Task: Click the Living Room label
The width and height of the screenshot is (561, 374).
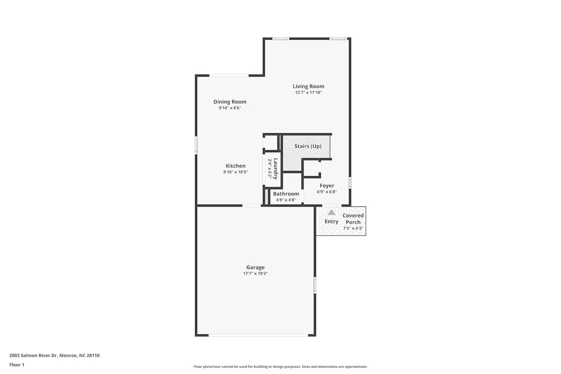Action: coord(308,86)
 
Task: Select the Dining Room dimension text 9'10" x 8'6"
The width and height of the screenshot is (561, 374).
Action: coord(230,108)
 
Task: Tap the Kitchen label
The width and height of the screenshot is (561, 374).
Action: coord(236,166)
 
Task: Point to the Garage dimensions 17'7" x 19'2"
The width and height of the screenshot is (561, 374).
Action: coord(255,274)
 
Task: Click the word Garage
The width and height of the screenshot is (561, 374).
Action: coord(255,267)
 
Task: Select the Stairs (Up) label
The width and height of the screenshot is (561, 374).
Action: coord(307,146)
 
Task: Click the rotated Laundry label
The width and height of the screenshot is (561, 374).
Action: coord(276,169)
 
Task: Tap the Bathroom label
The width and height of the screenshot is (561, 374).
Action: coord(286,194)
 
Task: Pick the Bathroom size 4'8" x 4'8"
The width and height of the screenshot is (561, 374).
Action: coord(286,200)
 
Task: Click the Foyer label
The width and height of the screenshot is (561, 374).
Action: coord(327,186)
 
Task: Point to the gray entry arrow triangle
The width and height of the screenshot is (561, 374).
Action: coord(331,212)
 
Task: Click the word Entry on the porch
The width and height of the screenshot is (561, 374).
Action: coord(331,221)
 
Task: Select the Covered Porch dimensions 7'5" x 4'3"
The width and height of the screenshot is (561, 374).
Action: coord(353,229)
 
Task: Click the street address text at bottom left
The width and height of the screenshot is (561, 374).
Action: coord(55,356)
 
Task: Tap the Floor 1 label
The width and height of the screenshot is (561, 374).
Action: coord(17,365)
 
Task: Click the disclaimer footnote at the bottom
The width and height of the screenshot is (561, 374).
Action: coord(280,367)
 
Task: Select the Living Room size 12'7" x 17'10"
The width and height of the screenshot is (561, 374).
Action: coord(308,92)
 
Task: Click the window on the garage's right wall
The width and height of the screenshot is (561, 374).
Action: coord(315,285)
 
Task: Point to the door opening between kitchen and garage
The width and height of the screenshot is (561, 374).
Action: coord(252,206)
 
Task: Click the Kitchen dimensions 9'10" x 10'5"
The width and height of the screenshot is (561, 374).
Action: coord(236,172)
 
